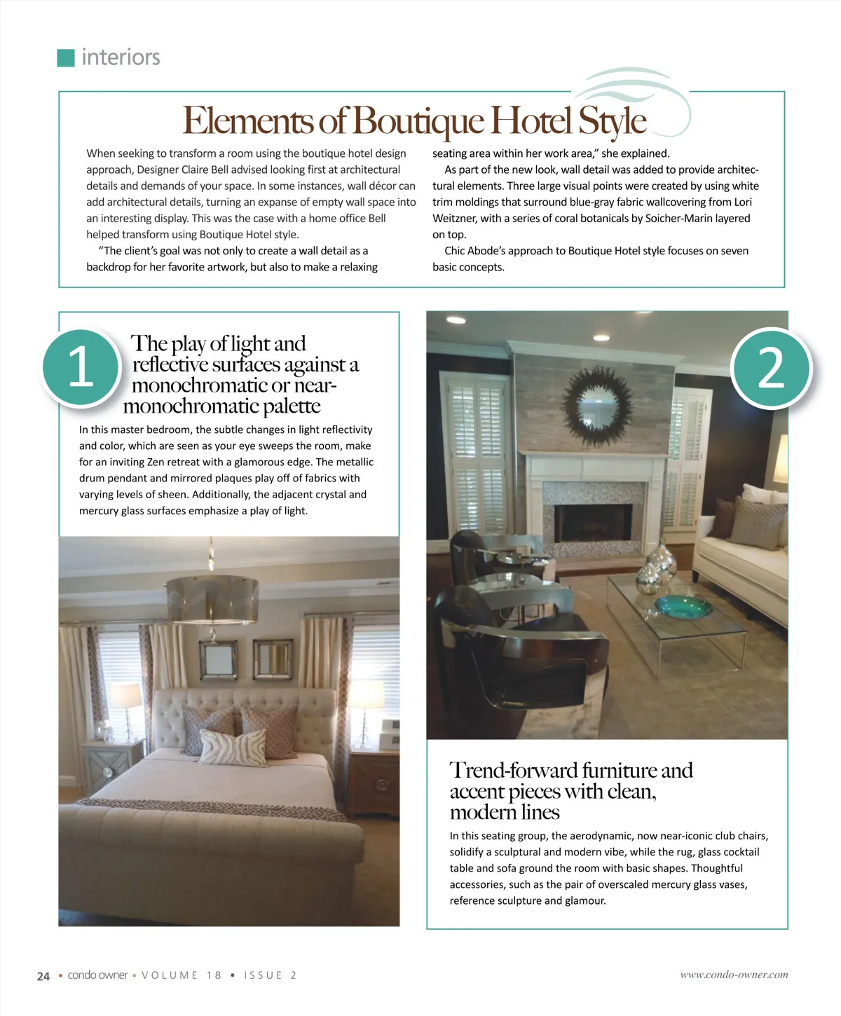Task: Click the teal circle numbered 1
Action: click(x=81, y=367)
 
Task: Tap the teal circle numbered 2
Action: click(x=771, y=367)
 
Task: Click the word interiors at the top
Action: click(x=121, y=57)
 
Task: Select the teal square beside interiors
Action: click(x=65, y=57)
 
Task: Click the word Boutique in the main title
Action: click(x=418, y=121)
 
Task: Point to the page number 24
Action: click(x=43, y=976)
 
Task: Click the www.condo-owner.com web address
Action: click(x=734, y=975)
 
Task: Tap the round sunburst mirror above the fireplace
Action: click(x=596, y=407)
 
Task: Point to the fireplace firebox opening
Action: click(x=593, y=522)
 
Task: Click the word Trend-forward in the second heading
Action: click(x=513, y=771)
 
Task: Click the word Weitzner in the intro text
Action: click(x=455, y=219)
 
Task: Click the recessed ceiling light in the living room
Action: click(x=456, y=320)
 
